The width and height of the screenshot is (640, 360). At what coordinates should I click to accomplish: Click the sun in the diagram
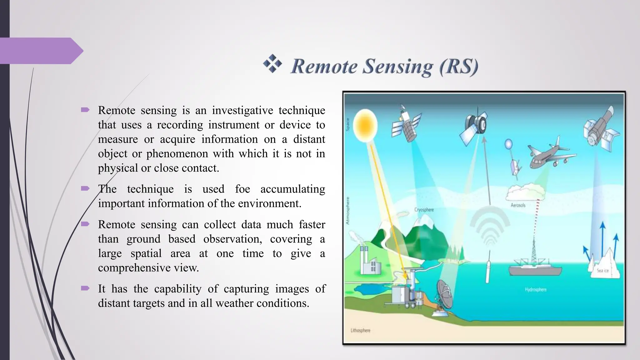point(365,125)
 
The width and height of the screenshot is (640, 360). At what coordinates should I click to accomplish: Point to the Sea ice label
point(602,270)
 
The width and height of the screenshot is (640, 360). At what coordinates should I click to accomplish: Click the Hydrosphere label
point(535,290)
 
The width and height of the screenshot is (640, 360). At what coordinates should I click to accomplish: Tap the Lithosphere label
point(360,330)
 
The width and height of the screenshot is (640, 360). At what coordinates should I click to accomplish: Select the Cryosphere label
point(424,210)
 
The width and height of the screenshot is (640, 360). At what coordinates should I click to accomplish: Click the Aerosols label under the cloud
point(518,205)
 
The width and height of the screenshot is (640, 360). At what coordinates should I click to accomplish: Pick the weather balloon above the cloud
point(508,144)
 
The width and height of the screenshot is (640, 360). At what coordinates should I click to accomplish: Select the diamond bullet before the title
point(272,63)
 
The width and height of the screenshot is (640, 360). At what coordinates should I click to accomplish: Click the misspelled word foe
point(242,189)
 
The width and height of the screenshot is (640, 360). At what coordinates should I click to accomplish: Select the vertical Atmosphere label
point(348,210)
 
